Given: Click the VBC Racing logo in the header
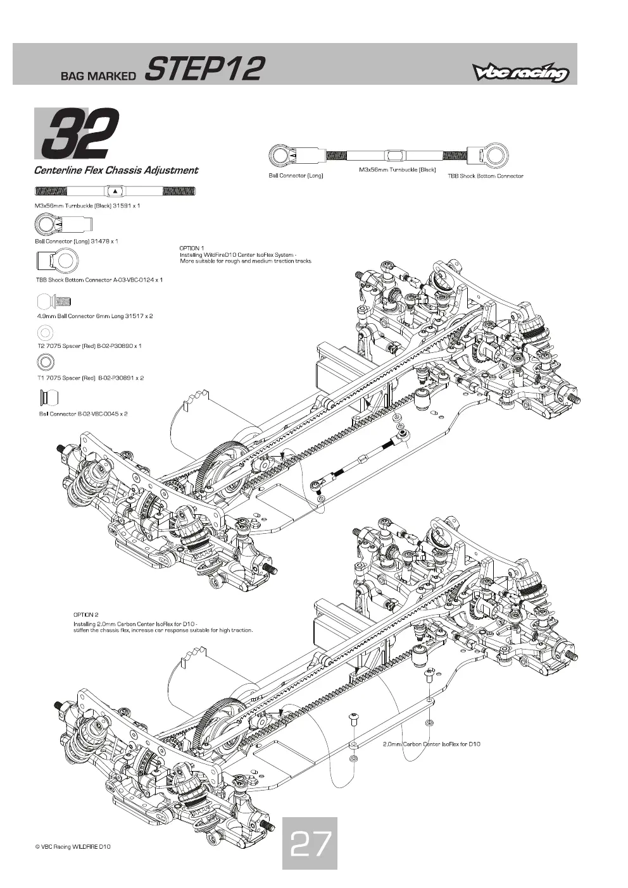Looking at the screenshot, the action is tap(520, 72).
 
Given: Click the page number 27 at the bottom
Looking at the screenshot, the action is tap(310, 843).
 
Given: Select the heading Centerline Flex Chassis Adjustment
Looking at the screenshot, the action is tap(116, 171).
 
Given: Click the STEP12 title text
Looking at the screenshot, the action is tap(204, 69).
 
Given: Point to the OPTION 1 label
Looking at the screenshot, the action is tap(192, 248).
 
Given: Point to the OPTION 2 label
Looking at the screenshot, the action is tap(85, 615).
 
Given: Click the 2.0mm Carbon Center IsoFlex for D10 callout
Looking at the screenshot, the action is tap(431, 744).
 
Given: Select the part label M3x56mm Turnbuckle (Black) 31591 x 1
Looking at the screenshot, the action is tap(87, 206).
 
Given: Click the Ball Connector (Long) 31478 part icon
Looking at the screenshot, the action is tap(63, 225).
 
